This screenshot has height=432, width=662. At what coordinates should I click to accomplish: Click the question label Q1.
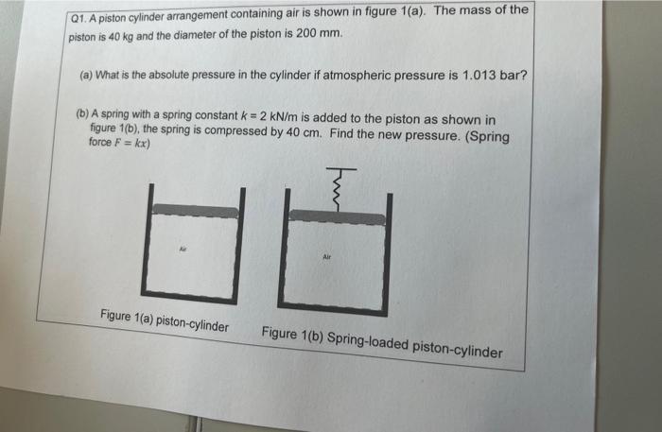coord(78,19)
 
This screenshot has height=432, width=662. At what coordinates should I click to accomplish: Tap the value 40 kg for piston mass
coord(121,36)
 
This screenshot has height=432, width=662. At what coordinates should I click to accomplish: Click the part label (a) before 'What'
coord(86,76)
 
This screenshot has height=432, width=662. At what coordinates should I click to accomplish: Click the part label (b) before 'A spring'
coord(83,113)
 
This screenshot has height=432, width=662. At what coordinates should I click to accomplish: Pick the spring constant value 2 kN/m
coord(279,116)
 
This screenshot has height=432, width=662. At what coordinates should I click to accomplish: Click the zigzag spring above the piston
coord(337,191)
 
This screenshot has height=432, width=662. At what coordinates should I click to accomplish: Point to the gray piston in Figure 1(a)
coord(196,210)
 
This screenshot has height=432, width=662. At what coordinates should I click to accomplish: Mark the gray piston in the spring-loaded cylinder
coord(337,216)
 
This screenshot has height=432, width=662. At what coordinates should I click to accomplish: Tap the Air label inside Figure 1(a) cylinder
coord(183,249)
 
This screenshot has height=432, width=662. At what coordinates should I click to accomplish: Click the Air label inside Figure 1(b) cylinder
coord(327,256)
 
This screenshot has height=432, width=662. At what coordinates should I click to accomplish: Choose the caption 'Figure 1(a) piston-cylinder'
coord(165,320)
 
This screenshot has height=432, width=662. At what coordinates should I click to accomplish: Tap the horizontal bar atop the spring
coord(341,169)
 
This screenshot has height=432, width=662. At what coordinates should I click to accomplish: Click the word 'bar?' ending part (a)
coord(514,76)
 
